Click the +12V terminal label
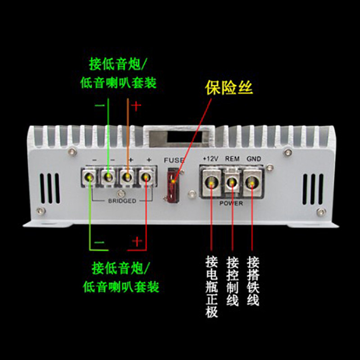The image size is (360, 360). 211,159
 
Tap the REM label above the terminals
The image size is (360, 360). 232,159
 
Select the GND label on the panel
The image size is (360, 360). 254,159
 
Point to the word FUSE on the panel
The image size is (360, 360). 174,160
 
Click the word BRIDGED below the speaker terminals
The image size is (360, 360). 122,201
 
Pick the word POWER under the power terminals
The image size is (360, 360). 231,203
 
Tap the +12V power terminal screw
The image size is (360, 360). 211,183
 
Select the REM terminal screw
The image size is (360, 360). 232,183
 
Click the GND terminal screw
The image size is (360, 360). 252,183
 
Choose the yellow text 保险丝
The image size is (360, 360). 229,87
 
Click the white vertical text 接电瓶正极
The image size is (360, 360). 211,287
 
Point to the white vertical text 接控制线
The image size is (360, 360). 232,281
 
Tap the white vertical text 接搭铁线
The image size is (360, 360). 253,281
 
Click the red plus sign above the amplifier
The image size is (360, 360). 136,106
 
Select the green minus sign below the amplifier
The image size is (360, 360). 99,243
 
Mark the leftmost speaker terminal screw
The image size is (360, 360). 89,177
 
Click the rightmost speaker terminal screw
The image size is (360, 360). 145,177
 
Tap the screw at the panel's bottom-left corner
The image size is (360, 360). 41,211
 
